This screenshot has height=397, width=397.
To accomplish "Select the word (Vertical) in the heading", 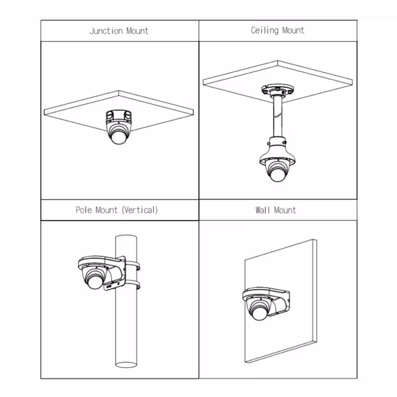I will tap(140, 210).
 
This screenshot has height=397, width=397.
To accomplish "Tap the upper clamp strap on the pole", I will tap(132, 265).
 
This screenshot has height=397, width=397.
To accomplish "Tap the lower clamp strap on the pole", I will tap(132, 287).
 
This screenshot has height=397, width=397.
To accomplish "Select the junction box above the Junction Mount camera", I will tap(118, 118).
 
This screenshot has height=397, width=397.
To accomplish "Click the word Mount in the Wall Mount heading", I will tap(287, 210).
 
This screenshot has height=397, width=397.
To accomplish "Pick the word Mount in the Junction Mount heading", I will tap(137, 31).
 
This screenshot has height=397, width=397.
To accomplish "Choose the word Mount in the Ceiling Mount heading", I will tap(293, 31).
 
